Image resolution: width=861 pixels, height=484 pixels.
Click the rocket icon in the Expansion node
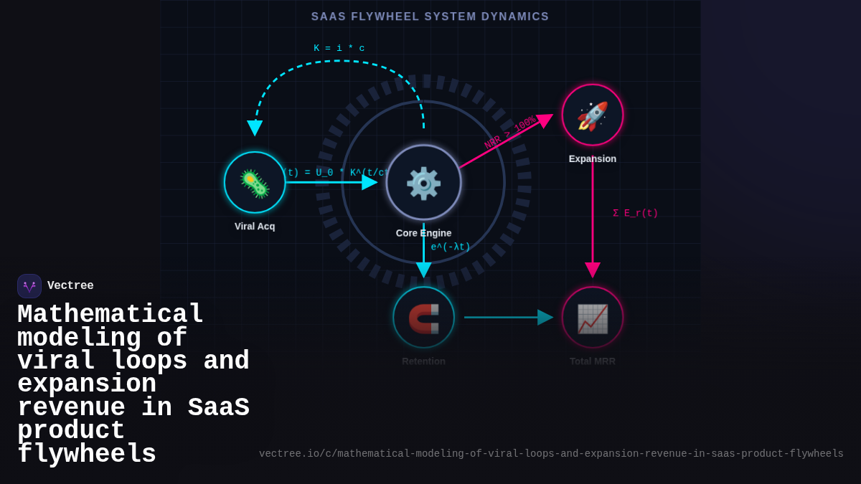[x=593, y=115]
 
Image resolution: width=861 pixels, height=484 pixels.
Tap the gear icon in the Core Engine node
[x=423, y=183]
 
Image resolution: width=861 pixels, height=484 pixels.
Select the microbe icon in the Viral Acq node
[x=255, y=183]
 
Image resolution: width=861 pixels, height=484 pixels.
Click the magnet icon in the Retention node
[x=423, y=318]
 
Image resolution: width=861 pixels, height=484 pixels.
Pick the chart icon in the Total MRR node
[x=593, y=318]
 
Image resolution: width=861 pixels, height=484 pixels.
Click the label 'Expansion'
[x=593, y=159]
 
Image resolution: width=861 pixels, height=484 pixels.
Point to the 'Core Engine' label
[x=423, y=233]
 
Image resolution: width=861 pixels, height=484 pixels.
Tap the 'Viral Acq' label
[x=255, y=227]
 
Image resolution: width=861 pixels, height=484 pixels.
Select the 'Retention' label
[x=423, y=361]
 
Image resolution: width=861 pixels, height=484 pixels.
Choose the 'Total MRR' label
[x=593, y=361]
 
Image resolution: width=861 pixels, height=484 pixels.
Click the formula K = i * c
[x=339, y=49]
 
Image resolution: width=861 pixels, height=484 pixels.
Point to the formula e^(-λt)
[x=451, y=247]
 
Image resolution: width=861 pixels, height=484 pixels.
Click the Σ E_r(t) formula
[x=635, y=214]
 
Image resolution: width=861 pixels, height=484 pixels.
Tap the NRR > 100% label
[x=509, y=133]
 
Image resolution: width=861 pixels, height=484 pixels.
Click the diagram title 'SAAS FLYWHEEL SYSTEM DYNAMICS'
[x=430, y=16]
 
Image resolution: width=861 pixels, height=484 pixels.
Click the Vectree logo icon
[x=29, y=286]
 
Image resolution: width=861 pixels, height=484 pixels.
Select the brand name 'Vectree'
[x=70, y=286]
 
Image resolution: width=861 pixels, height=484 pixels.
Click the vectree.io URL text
[x=551, y=454]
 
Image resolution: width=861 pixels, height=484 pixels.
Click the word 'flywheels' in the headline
[x=87, y=455]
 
